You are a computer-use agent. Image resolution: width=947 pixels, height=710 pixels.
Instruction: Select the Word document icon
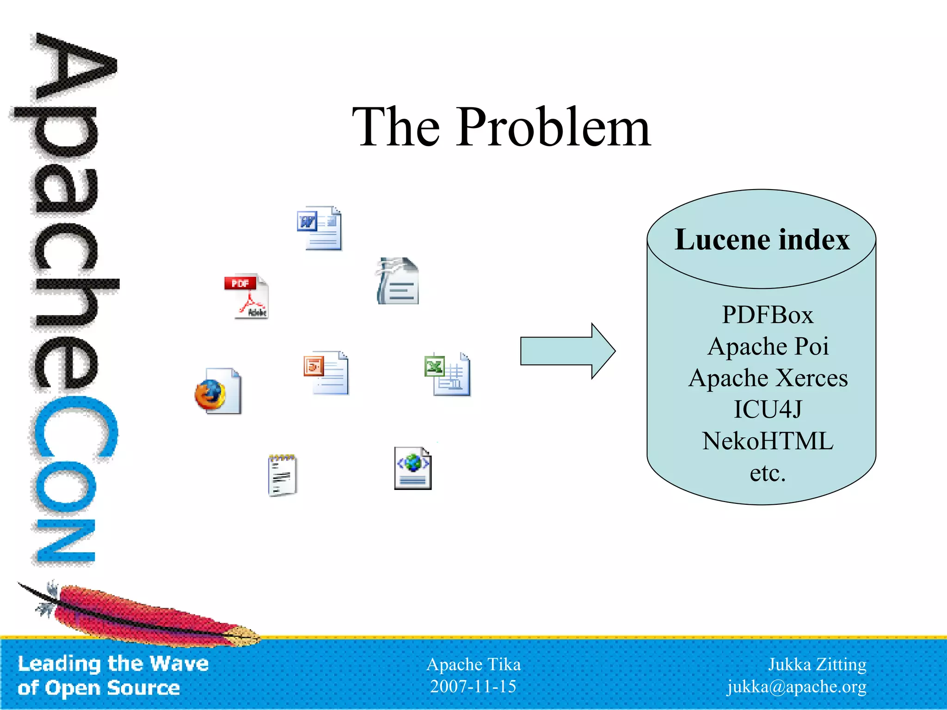click(x=320, y=228)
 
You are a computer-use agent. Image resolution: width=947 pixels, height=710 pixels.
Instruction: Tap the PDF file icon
click(x=247, y=296)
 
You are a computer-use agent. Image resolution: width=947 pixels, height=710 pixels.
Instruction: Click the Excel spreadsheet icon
click(x=448, y=375)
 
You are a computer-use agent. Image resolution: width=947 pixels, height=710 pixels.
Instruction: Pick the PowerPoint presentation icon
click(x=326, y=373)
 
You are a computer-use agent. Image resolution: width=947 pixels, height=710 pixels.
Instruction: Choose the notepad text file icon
click(x=282, y=475)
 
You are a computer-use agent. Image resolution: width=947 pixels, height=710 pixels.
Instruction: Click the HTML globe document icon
click(x=412, y=468)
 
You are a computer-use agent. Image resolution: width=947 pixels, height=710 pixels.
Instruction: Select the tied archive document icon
click(x=398, y=281)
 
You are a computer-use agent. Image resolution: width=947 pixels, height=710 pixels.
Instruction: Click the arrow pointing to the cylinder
click(x=567, y=351)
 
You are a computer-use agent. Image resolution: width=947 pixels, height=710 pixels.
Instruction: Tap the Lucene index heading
click(x=762, y=240)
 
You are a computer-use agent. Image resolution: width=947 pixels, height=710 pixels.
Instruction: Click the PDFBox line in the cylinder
click(x=768, y=315)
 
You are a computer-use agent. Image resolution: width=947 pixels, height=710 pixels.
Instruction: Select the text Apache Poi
click(x=768, y=347)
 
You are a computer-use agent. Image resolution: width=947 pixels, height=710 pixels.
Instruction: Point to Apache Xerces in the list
click(x=768, y=378)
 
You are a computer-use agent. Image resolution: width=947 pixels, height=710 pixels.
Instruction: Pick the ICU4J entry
click(x=768, y=410)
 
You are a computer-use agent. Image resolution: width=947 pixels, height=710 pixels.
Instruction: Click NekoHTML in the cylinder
click(x=768, y=441)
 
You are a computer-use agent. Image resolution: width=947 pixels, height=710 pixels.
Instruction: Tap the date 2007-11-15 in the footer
click(x=473, y=686)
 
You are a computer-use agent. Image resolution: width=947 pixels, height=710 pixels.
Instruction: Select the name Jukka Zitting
click(x=817, y=664)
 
